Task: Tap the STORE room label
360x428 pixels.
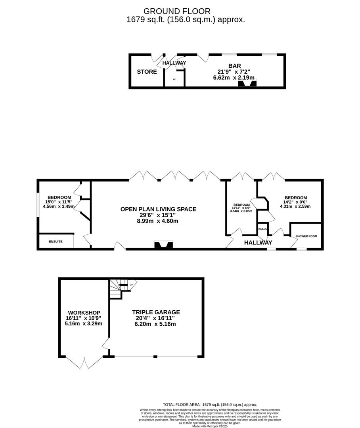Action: point(147,72)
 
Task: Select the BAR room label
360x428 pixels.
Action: point(234,66)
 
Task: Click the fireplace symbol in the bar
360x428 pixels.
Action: point(247,83)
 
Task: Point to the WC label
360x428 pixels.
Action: point(174,79)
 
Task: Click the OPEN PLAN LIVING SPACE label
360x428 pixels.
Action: point(158,209)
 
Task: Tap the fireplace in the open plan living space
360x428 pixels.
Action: point(163,245)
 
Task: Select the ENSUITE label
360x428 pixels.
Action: point(56,241)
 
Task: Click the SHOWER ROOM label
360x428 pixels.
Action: point(306,236)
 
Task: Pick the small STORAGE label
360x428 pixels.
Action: point(262,229)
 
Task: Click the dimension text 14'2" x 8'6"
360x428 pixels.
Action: point(295,202)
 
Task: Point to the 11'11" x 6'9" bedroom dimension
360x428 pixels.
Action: point(241,208)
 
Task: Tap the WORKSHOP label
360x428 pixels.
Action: point(84,313)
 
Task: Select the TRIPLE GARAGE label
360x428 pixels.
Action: point(156,312)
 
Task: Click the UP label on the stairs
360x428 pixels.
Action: point(131,284)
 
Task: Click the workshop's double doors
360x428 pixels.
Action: point(84,362)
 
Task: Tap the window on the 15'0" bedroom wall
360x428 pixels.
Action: point(38,205)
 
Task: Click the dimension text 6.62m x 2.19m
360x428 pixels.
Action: point(234,78)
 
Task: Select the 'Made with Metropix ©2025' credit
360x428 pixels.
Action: point(210,426)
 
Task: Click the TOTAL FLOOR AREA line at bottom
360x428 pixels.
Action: point(210,405)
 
